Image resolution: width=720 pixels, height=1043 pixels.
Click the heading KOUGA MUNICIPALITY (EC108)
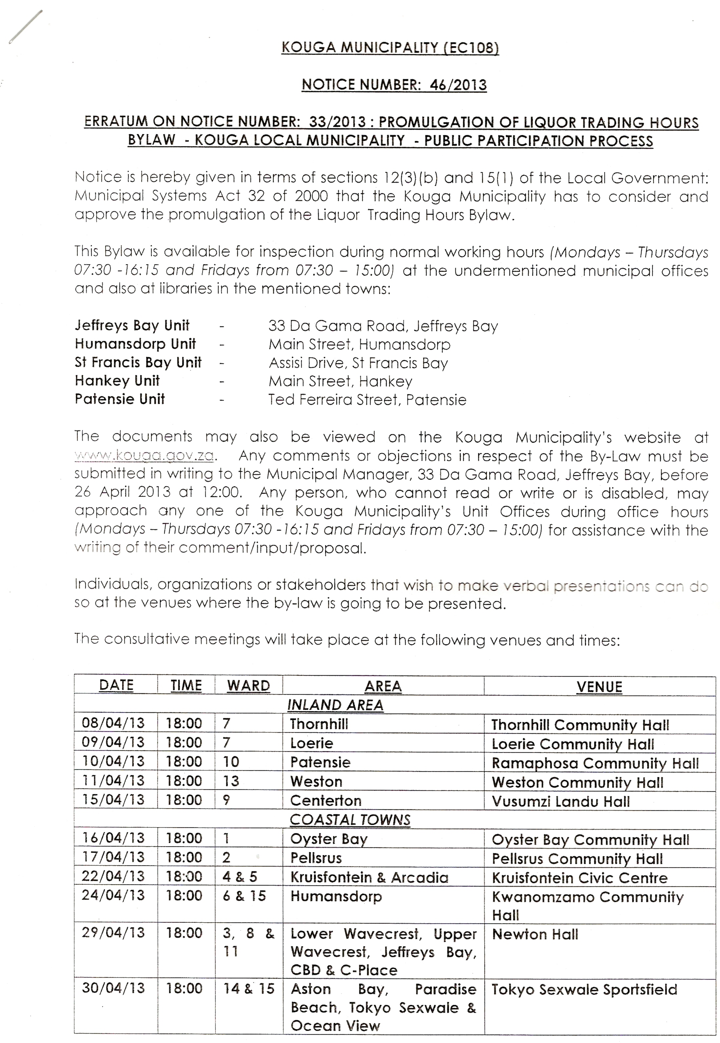(390, 48)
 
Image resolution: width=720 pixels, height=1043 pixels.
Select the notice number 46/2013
(458, 85)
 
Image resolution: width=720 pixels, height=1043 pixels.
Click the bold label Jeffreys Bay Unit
(132, 325)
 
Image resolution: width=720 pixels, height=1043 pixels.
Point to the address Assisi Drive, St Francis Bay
(358, 363)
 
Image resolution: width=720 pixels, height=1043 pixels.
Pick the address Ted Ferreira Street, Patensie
(367, 399)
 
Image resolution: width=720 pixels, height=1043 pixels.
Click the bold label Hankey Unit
(117, 381)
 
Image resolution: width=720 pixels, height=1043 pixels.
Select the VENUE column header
(599, 687)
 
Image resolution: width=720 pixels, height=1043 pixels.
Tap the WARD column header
(248, 686)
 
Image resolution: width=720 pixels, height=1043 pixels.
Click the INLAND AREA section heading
(335, 705)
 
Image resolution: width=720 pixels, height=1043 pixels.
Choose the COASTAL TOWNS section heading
(350, 820)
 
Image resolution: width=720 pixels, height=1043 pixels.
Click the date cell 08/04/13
(113, 723)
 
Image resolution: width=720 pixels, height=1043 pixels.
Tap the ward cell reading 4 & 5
(240, 877)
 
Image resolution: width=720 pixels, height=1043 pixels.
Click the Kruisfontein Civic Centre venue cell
(580, 878)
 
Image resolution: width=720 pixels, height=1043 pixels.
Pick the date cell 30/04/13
(113, 988)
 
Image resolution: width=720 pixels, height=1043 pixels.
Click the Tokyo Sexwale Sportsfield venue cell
(584, 989)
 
